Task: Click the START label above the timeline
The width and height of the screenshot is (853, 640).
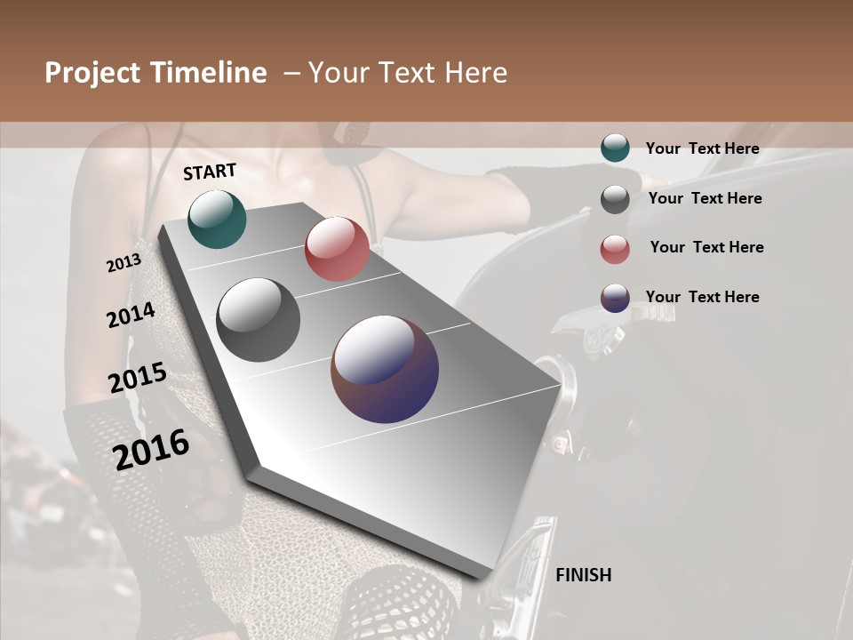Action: (x=210, y=172)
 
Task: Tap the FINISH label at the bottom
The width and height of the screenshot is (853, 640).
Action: (x=584, y=575)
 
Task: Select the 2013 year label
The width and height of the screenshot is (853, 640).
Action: (x=124, y=263)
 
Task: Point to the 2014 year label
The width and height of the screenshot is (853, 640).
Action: (x=131, y=316)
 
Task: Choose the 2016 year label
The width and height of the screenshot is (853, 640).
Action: (x=152, y=449)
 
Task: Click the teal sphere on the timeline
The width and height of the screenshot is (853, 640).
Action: (x=217, y=219)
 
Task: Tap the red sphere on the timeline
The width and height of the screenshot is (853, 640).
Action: (x=337, y=249)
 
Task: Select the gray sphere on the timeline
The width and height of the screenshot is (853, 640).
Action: (x=259, y=320)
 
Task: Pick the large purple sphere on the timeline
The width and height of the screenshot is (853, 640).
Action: (x=385, y=369)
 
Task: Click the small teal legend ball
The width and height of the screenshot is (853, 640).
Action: (x=615, y=148)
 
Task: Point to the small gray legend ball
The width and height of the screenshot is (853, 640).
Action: (x=615, y=199)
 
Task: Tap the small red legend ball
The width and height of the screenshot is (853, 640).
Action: (x=615, y=249)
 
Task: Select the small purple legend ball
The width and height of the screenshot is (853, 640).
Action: (x=615, y=298)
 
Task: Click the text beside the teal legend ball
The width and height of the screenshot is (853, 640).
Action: (x=702, y=148)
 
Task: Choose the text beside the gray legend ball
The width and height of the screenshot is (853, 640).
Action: (x=705, y=198)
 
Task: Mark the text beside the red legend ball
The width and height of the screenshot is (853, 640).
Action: (x=706, y=247)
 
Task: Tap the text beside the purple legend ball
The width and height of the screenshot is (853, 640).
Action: (x=702, y=297)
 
